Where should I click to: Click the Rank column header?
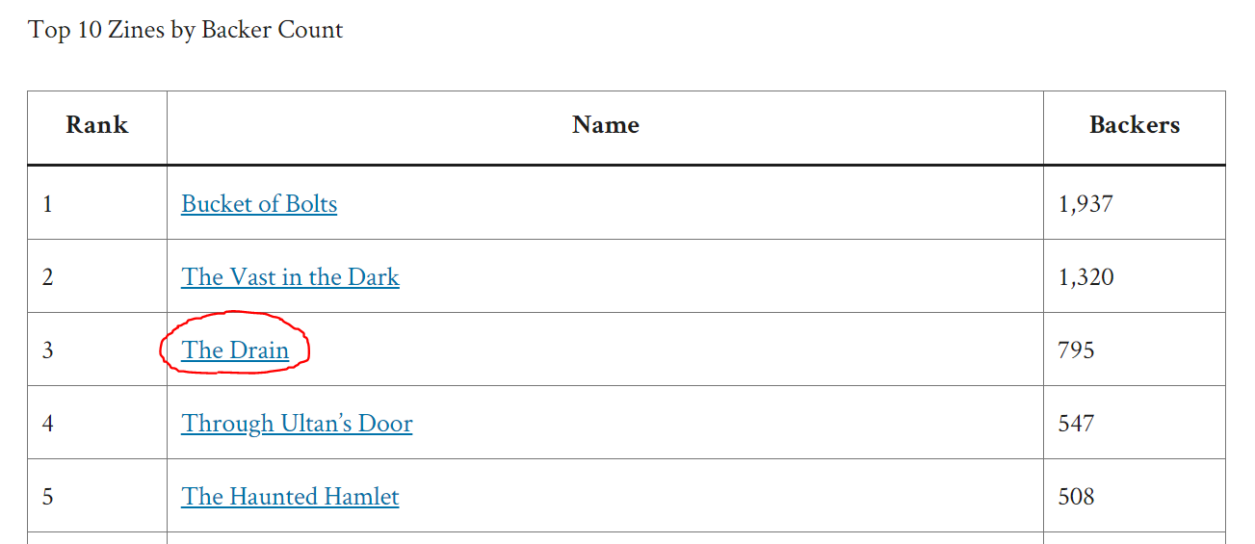coord(96,125)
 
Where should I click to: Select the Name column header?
coord(605,125)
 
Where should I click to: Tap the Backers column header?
coord(1134,125)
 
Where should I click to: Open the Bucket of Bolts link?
coord(259,204)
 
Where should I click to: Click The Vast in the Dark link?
coord(290,277)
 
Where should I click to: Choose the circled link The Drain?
coord(235,350)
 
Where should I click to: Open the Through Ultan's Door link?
coord(297,424)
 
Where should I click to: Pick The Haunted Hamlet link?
coord(290,497)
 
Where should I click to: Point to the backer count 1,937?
coord(1085,204)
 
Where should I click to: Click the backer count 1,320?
coord(1085,277)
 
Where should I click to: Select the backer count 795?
coord(1076,350)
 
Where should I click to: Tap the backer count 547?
coord(1076,424)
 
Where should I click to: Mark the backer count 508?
coord(1076,497)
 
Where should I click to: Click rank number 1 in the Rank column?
coord(47,204)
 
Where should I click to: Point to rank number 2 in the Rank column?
coord(47,277)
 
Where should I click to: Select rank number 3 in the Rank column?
coord(47,350)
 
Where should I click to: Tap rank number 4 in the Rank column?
coord(47,424)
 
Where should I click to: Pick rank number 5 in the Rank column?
coord(47,497)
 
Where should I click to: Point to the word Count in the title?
coord(310,30)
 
